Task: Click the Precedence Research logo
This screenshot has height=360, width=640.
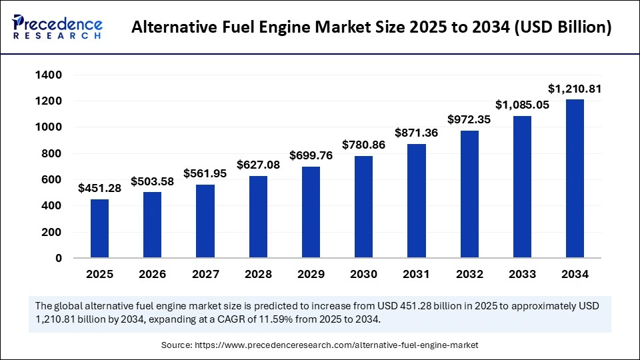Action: [x=57, y=27]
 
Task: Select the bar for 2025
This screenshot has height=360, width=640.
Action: [x=99, y=228]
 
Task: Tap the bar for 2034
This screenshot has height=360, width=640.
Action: [x=575, y=178]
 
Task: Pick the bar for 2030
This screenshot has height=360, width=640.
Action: [x=363, y=207]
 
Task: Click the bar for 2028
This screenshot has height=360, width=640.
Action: [x=258, y=217]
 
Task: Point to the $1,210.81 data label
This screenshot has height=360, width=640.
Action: [x=575, y=88]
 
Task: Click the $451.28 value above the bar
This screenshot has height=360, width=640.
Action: [x=99, y=188]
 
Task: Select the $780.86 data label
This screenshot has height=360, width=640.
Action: [x=363, y=144]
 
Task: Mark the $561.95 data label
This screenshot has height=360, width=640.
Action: [x=205, y=173]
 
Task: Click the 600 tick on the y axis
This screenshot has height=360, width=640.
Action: [x=51, y=180]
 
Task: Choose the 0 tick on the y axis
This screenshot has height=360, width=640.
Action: [x=59, y=258]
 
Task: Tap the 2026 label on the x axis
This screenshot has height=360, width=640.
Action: [x=152, y=274]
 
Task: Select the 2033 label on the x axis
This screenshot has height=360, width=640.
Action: [x=522, y=274]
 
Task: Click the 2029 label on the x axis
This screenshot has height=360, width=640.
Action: [x=311, y=274]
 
